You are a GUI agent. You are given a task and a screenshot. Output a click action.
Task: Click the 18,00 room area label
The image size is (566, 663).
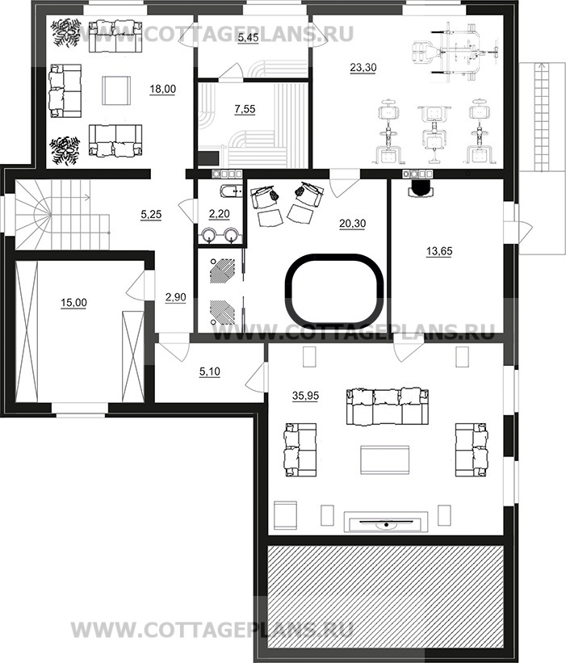(x=163, y=89)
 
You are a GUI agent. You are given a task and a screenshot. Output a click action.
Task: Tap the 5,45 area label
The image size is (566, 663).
(x=248, y=38)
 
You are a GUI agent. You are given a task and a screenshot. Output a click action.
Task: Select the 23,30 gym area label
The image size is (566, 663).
(x=363, y=67)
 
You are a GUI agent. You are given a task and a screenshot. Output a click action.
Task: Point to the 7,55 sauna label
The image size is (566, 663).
(x=245, y=109)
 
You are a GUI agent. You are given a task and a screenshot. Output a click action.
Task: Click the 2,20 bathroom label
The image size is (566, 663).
(x=220, y=214)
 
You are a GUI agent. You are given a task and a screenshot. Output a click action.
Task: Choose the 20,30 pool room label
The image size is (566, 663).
(x=353, y=223)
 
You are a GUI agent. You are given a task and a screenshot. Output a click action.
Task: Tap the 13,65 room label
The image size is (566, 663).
(x=439, y=251)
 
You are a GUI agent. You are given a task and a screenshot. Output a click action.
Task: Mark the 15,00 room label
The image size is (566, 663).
(x=74, y=303)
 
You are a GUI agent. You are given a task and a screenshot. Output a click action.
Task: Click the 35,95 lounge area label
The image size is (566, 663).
(x=306, y=396)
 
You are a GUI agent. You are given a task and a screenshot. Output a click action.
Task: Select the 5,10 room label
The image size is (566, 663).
(x=210, y=371)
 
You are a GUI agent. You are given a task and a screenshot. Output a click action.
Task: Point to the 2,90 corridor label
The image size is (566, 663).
(x=175, y=297)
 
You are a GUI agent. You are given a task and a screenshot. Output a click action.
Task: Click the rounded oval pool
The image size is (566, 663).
(x=334, y=255)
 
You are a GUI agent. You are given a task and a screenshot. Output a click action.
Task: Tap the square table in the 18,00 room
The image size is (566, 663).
(x=115, y=90)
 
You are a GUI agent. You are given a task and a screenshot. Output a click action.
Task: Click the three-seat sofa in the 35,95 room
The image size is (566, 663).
(x=386, y=406)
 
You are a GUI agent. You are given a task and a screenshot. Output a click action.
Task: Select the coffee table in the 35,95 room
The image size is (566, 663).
(x=384, y=460)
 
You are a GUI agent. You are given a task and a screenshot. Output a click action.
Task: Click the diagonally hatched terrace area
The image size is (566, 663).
(x=387, y=602)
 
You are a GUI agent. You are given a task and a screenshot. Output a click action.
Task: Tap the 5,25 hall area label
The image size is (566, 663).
(x=151, y=215)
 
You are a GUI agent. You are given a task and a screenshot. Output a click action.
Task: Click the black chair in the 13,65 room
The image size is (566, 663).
(x=421, y=188)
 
